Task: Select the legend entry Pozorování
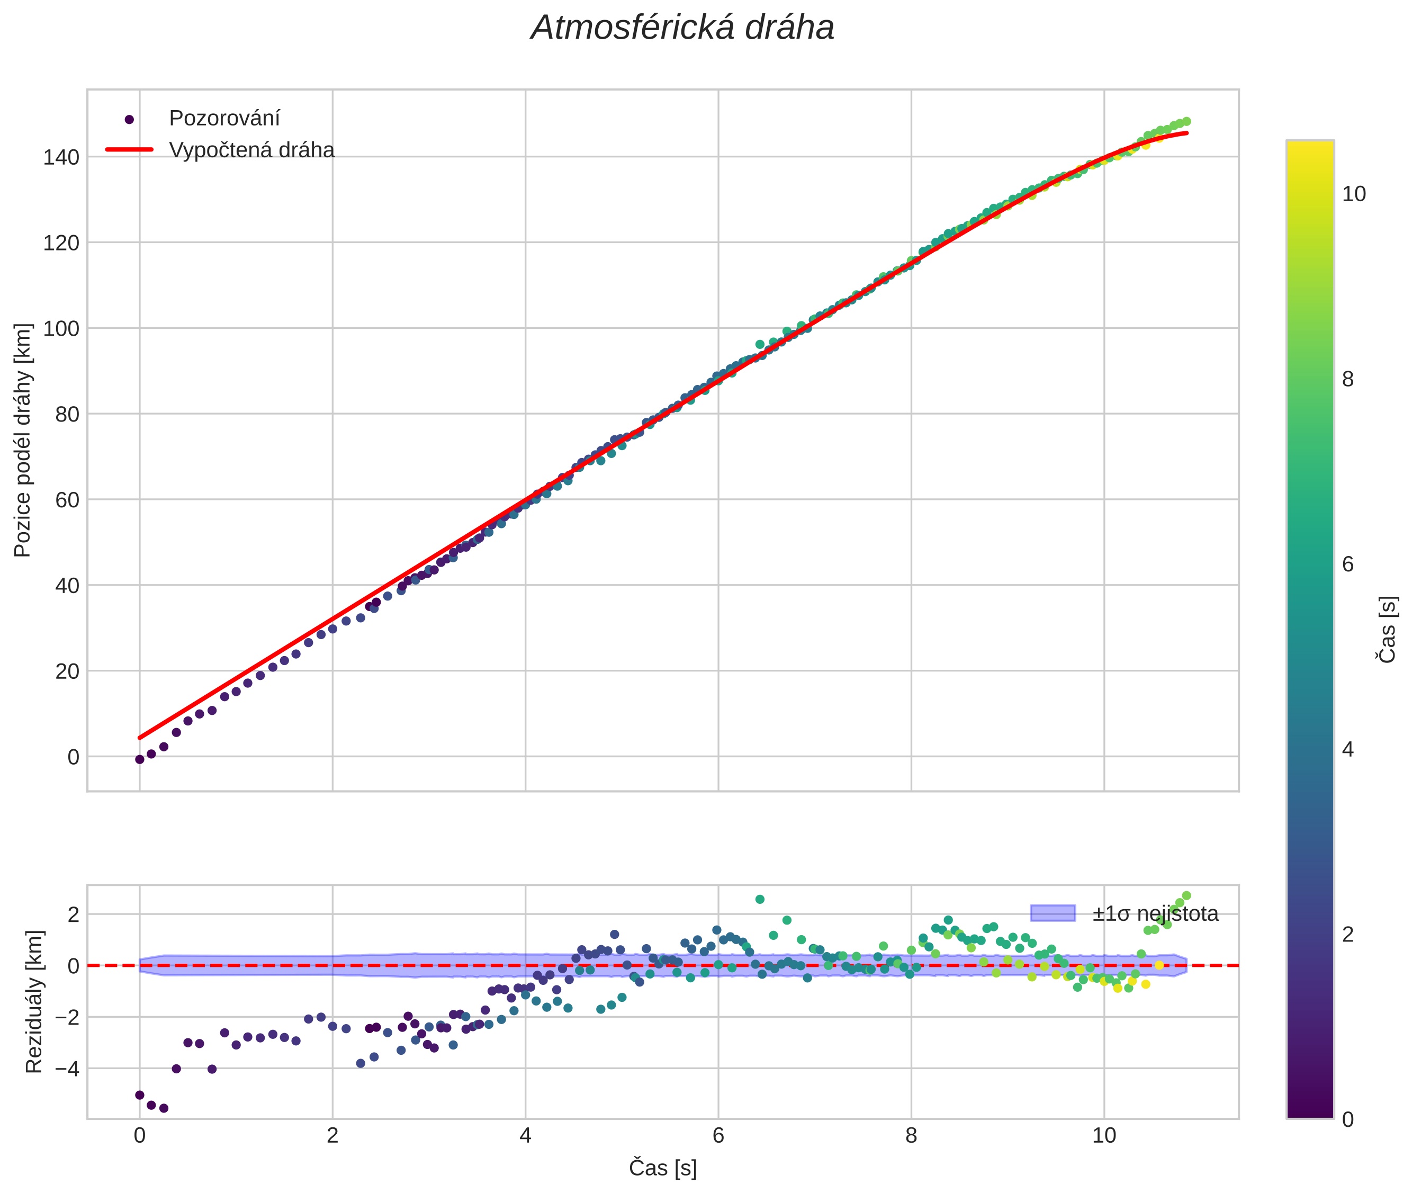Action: [224, 119]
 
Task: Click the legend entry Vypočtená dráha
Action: [251, 150]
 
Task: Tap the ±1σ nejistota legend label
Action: [1155, 914]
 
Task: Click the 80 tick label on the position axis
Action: [67, 414]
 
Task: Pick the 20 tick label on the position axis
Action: [67, 671]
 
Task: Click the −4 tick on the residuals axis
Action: [62, 1069]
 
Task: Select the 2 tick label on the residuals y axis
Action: [73, 914]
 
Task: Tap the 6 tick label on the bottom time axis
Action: [718, 1135]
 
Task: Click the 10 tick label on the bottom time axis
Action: [1104, 1135]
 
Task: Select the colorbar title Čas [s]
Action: [1387, 630]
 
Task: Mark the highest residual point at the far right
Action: [1186, 895]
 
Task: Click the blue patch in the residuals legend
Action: [1052, 913]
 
